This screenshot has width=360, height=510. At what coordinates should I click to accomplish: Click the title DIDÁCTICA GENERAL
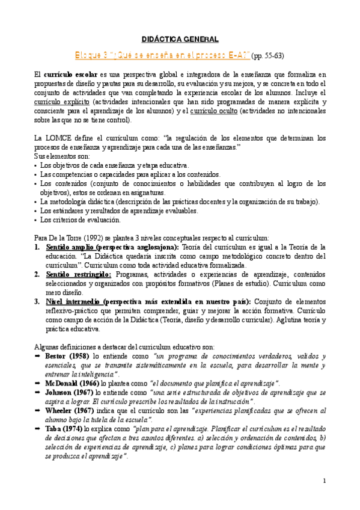(x=180, y=40)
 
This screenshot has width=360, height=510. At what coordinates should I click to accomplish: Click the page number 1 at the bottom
(x=324, y=481)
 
